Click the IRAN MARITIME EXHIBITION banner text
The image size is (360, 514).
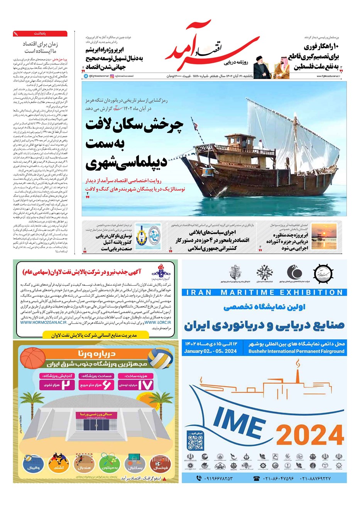pyautogui.click(x=264, y=292)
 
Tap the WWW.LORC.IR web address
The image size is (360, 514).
pyautogui.click(x=158, y=322)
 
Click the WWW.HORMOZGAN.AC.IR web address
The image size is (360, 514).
pyautogui.click(x=43, y=322)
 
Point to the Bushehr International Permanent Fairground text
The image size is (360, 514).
pyautogui.click(x=296, y=351)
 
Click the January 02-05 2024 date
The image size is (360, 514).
pyautogui.click(x=210, y=351)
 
